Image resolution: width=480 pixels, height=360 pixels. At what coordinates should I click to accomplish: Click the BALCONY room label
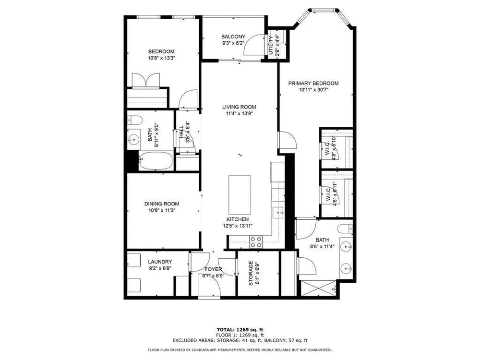click(x=233, y=36)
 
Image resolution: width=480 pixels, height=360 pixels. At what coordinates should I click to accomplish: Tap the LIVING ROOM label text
click(x=239, y=107)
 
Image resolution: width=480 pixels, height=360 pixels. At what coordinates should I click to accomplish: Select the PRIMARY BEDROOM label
click(x=313, y=83)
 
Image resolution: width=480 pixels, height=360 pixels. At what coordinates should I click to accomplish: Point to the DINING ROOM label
click(x=162, y=204)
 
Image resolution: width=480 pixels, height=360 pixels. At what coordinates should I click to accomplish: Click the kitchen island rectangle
click(x=240, y=195)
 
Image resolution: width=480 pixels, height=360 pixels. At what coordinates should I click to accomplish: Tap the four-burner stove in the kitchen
click(x=256, y=242)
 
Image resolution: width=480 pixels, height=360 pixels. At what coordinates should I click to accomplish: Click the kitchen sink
click(x=278, y=212)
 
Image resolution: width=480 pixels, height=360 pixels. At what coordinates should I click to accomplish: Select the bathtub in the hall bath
click(x=156, y=161)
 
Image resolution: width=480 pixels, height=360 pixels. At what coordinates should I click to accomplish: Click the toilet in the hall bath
click(x=135, y=120)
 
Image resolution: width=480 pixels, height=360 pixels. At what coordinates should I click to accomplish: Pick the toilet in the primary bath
click(x=346, y=228)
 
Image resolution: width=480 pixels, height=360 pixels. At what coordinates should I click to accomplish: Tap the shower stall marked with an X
click(x=319, y=288)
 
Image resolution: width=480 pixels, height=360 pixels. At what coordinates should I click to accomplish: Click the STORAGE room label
click(x=251, y=274)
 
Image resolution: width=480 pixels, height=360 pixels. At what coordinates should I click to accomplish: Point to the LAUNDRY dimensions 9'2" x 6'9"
click(x=160, y=268)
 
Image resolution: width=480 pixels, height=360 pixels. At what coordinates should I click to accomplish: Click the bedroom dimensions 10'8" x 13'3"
click(x=162, y=58)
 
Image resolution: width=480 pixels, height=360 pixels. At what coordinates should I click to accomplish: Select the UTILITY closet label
click(x=271, y=45)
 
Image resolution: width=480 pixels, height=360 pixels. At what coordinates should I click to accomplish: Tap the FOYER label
click(x=214, y=269)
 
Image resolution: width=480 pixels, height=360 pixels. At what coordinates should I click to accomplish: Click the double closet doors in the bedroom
click(x=146, y=80)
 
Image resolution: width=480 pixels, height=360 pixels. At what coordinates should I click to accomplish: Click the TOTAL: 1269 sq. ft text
click(x=240, y=330)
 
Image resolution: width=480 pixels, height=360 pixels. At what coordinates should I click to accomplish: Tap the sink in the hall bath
click(x=133, y=140)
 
